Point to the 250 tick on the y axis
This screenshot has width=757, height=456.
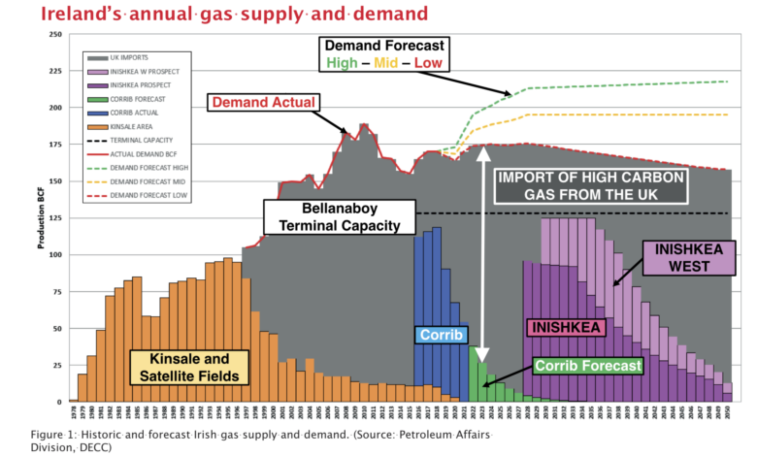pyautogui.click(x=57, y=35)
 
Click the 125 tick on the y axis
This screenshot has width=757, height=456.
pyautogui.click(x=57, y=217)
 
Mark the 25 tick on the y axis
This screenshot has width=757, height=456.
pyautogui.click(x=59, y=364)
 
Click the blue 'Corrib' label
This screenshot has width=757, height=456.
pyautogui.click(x=443, y=335)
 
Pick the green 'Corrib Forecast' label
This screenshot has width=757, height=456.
pyautogui.click(x=589, y=366)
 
